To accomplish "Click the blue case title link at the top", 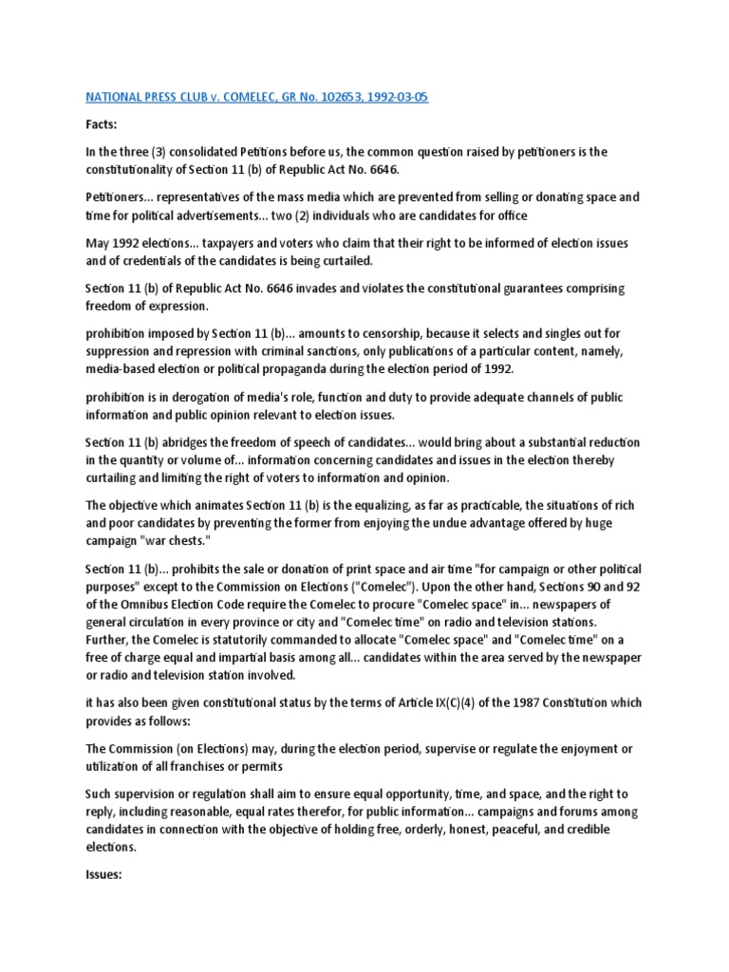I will point(256,98).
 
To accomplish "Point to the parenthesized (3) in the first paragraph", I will point(155,152).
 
